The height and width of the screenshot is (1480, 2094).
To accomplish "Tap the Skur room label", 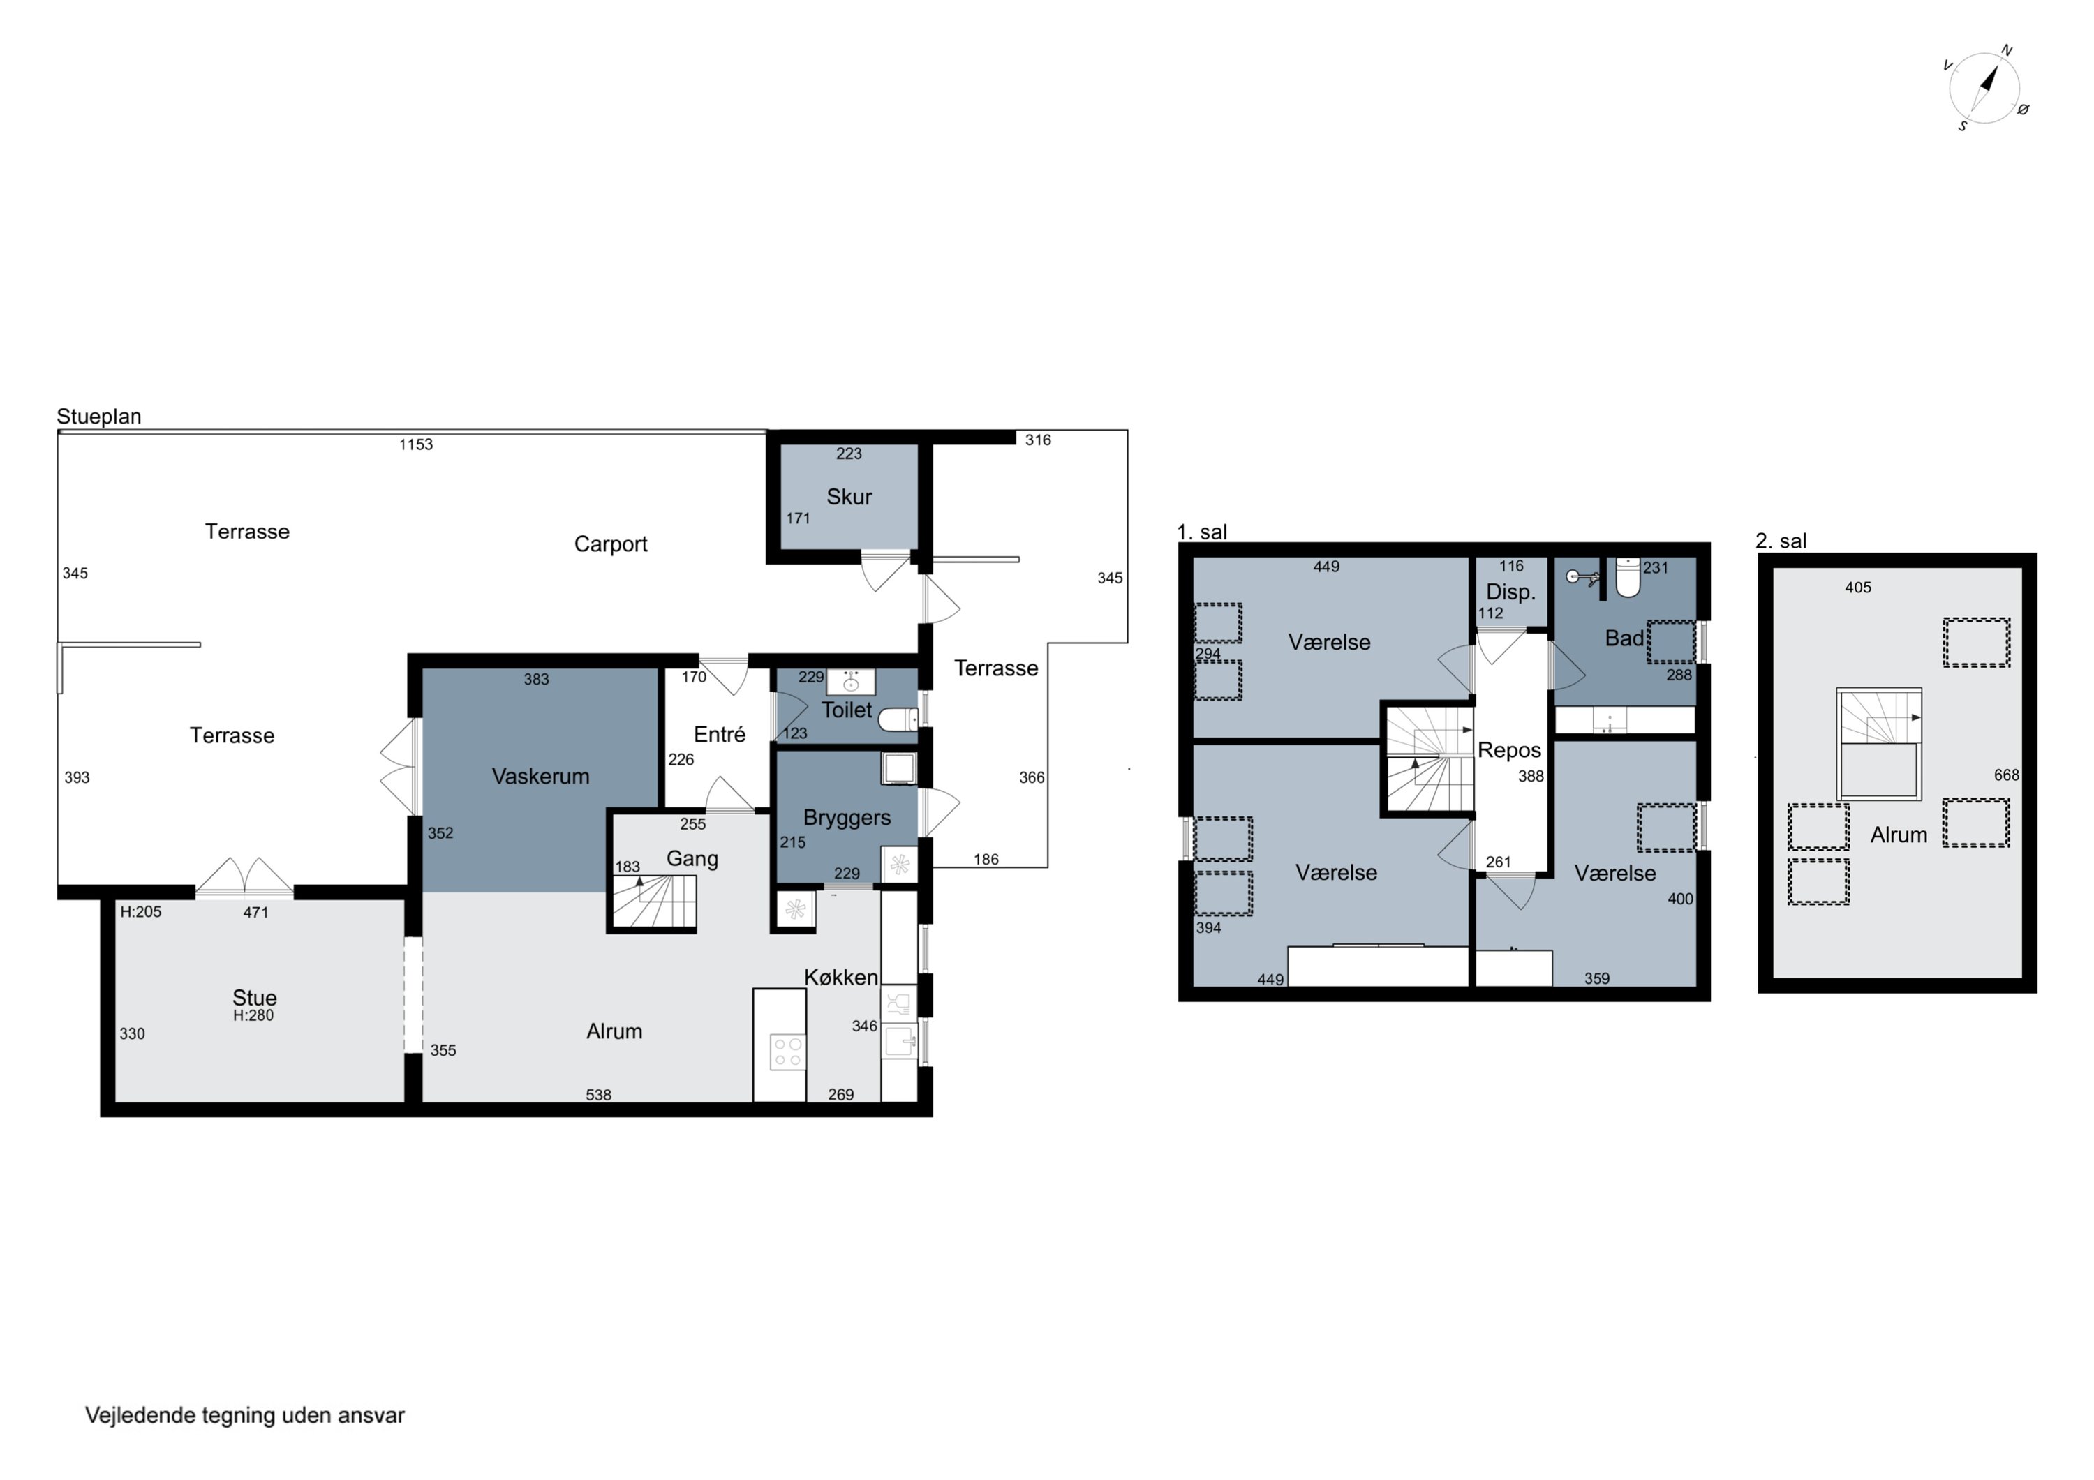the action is pos(848,497).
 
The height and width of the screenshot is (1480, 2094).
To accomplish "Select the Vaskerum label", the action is pos(540,776).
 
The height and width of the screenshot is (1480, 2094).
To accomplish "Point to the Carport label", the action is pos(610,544).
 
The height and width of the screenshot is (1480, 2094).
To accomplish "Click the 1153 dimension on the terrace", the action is pos(416,445).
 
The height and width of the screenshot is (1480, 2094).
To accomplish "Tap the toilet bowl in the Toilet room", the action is pos(898,720).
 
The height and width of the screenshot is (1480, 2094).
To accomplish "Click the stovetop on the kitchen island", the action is pos(787,1052).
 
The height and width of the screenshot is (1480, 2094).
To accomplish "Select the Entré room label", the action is pos(719,734).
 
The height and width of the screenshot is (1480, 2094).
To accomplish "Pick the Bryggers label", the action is pos(847,818).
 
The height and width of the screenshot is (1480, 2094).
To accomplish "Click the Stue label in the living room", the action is pos(255,998).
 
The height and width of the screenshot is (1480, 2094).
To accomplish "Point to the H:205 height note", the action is pos(142,912).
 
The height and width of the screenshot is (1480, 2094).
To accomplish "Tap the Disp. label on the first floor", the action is pos(1510,592).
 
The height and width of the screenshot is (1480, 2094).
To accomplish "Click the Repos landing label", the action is pos(1509,751).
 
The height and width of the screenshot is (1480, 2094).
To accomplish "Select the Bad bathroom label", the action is pos(1624,638).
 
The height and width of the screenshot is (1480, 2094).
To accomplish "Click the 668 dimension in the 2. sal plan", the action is pos(2007,775).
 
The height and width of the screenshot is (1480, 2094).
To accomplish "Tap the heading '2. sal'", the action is pos(1781,541).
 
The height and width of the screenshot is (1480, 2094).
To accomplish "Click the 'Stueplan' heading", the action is pos(98,417).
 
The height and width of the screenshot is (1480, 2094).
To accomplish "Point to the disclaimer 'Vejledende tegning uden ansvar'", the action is pos(244,1415).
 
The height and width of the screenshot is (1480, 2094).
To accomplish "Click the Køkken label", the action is pos(841,978).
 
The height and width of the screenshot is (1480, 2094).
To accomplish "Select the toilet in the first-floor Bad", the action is pos(1627,576).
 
